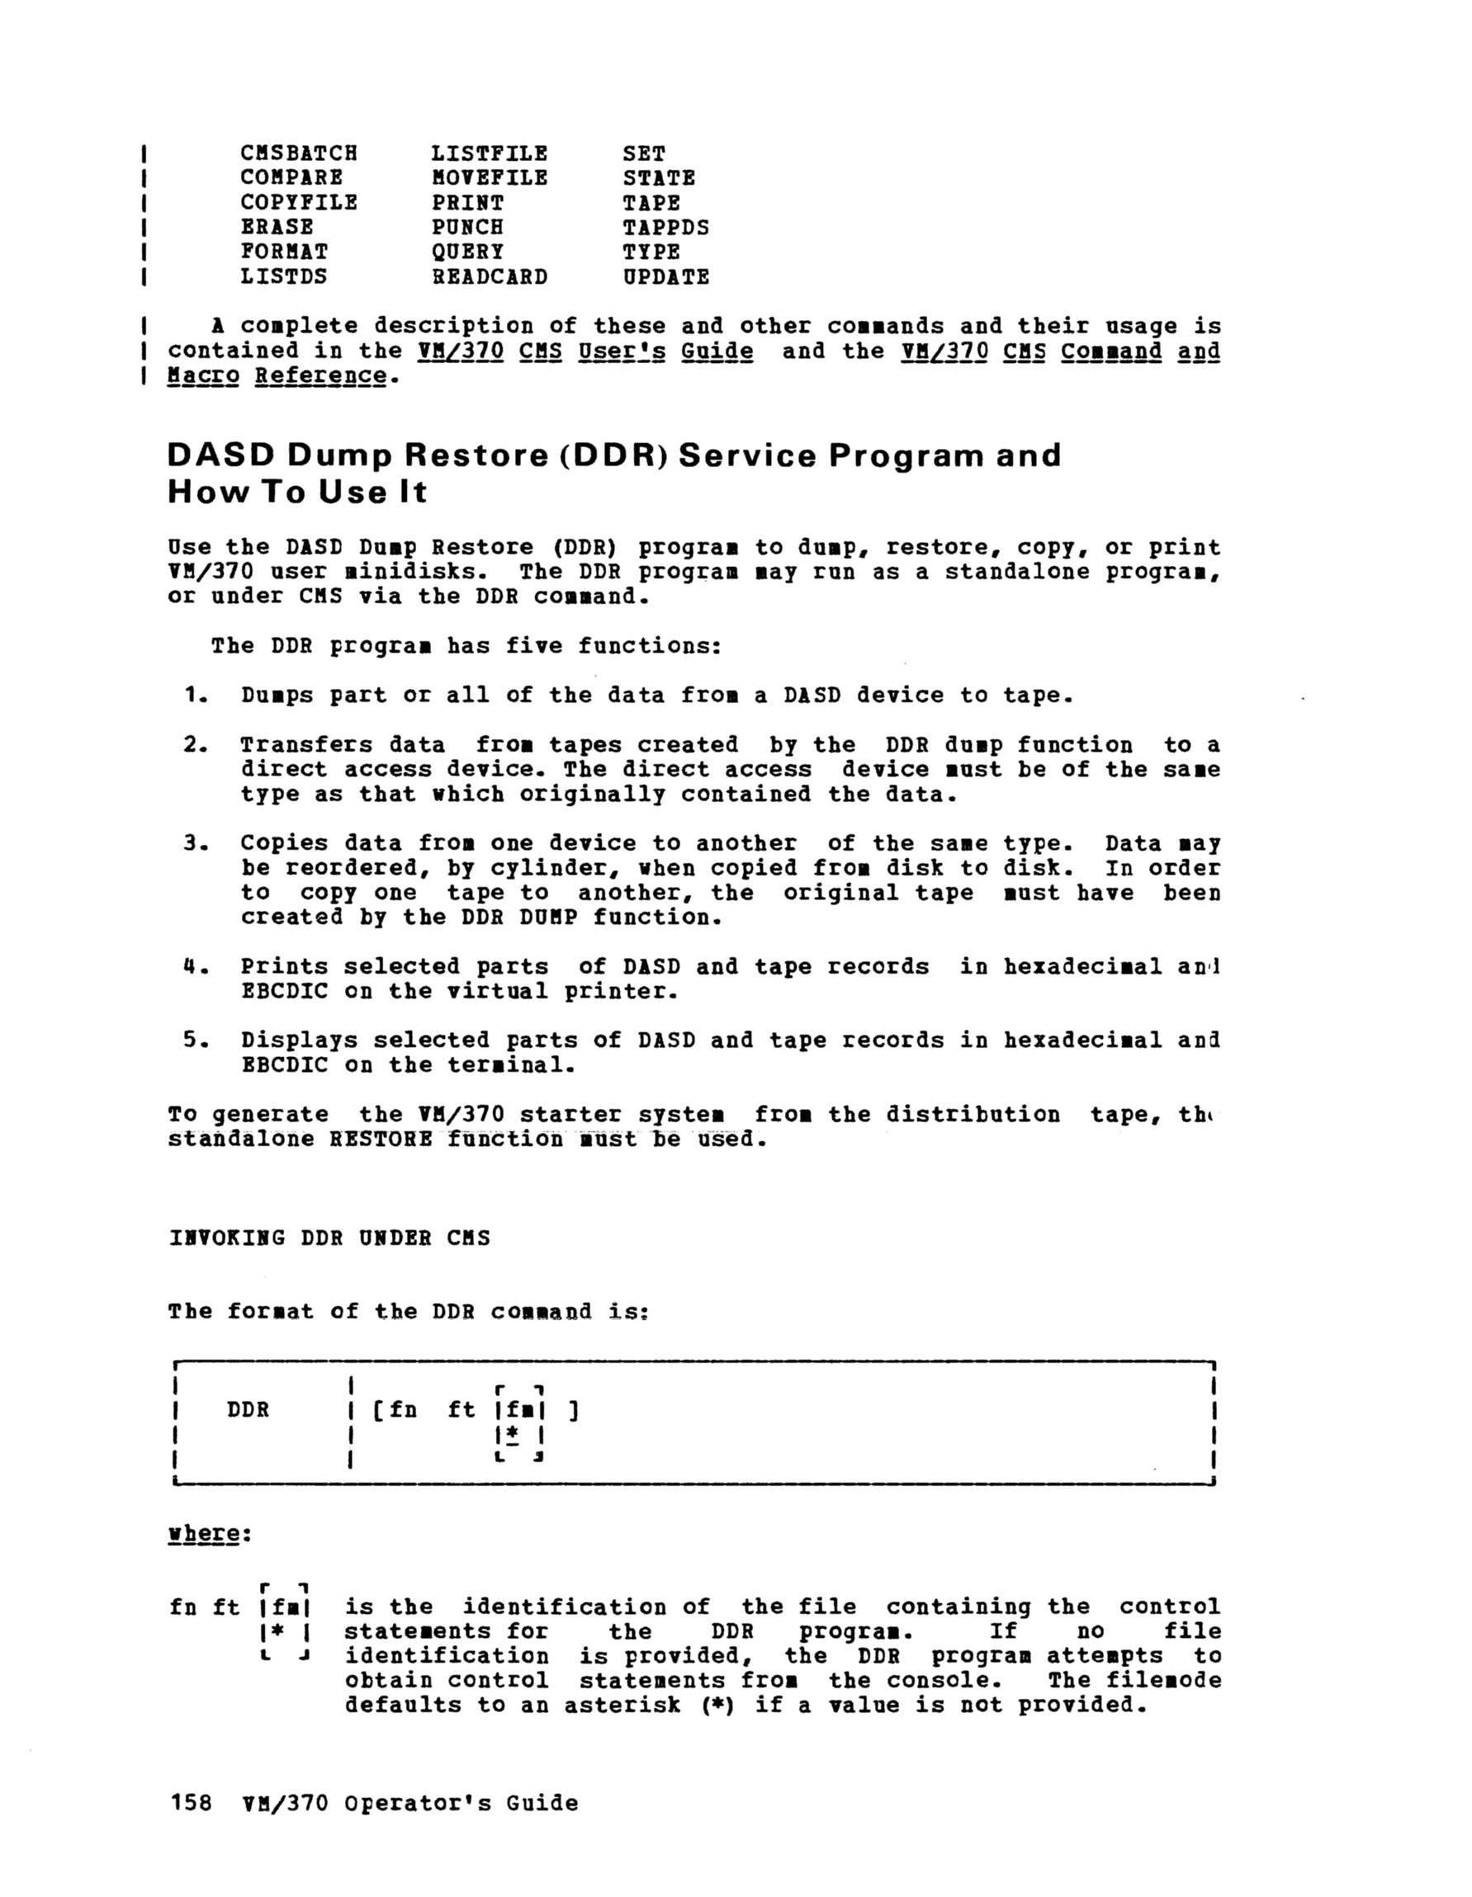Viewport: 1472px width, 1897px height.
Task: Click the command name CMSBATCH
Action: (298, 153)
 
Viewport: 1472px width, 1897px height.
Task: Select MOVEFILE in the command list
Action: (490, 178)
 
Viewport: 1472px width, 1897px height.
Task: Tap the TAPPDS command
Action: (665, 228)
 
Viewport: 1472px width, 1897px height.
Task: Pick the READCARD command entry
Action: (490, 277)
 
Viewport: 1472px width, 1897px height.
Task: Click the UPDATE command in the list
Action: (665, 277)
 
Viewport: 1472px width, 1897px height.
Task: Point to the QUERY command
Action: (467, 252)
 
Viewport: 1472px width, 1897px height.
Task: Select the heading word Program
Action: (905, 456)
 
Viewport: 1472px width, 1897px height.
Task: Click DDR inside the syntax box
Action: (248, 1409)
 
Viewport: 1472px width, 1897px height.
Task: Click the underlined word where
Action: (203, 1533)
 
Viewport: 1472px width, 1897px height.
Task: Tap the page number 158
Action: (192, 1803)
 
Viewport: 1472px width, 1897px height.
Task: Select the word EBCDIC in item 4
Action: (284, 991)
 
